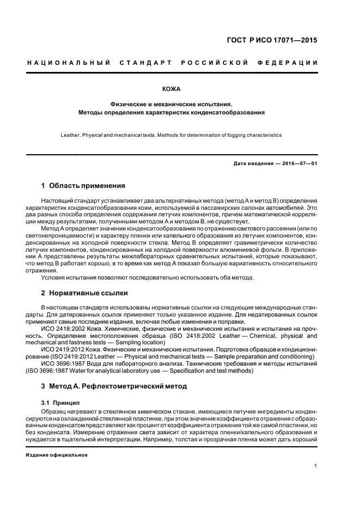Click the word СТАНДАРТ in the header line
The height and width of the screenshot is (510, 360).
coord(143,63)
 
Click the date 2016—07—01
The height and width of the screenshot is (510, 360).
coord(296,163)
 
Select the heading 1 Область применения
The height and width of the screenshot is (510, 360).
coord(83,186)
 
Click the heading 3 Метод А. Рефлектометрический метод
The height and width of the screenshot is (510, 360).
coord(114,386)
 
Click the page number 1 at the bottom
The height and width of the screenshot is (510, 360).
coord(316,466)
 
